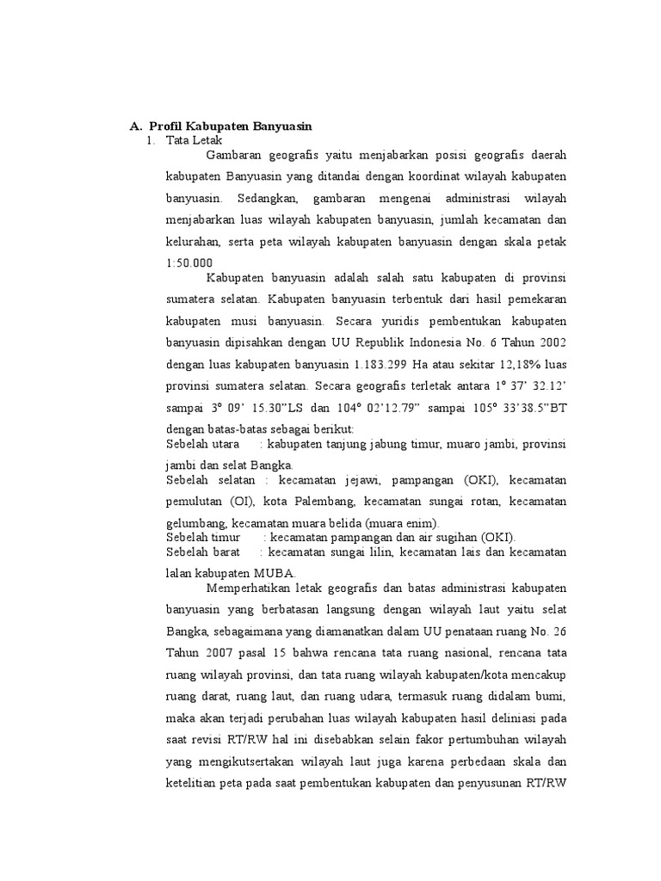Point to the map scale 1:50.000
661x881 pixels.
click(x=188, y=263)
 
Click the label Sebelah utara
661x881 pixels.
click(x=202, y=444)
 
